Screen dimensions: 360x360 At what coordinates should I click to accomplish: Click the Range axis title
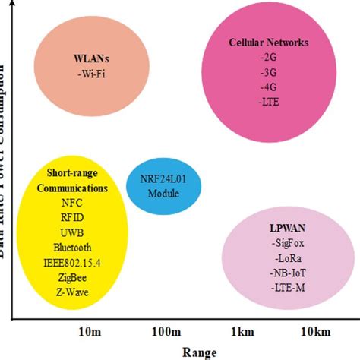click(200, 352)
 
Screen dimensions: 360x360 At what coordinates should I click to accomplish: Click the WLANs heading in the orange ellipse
click(85, 58)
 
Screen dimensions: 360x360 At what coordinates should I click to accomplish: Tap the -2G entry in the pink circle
click(269, 58)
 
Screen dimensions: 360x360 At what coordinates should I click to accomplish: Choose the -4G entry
click(269, 88)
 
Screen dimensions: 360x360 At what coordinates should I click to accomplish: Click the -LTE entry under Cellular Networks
click(269, 103)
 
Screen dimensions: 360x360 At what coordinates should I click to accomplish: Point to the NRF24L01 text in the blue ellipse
click(163, 180)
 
